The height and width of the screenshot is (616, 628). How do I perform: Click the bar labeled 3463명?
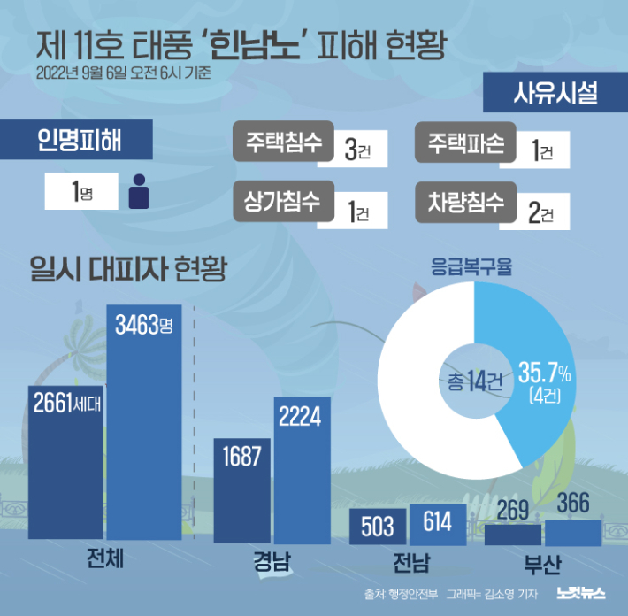pyautogui.click(x=144, y=425)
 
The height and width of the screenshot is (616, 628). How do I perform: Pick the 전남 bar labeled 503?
pyautogui.click(x=378, y=527)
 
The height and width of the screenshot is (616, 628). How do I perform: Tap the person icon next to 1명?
pyautogui.click(x=138, y=191)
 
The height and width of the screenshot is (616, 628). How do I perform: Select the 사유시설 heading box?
pyautogui.click(x=555, y=94)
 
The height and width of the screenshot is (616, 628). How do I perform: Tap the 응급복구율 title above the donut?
pyautogui.click(x=472, y=265)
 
